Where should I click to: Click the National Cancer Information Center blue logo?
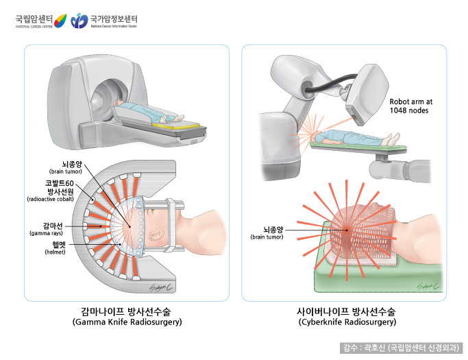pos(80,21)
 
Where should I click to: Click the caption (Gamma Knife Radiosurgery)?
pos(126,322)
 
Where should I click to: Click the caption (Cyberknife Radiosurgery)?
pos(347,322)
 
